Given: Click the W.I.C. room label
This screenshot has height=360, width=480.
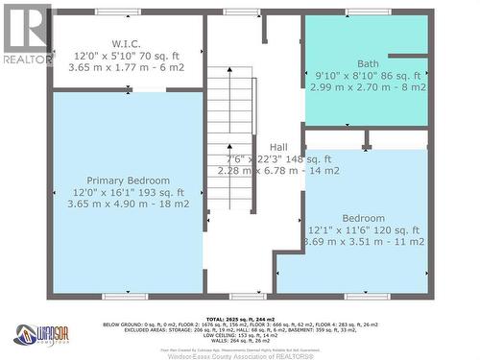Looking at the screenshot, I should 127,43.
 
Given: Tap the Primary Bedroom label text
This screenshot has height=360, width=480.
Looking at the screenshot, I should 128,180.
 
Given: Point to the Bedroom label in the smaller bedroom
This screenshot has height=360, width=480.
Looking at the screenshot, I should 363,218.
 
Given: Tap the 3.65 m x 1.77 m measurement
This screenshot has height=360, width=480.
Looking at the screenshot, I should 128,68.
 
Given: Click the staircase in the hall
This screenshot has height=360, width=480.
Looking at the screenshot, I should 233,125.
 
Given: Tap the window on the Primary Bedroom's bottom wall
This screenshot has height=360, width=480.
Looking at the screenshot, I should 126,295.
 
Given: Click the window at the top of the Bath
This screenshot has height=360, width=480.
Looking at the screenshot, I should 369,12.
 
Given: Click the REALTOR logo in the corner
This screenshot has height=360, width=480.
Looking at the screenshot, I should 26,35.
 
